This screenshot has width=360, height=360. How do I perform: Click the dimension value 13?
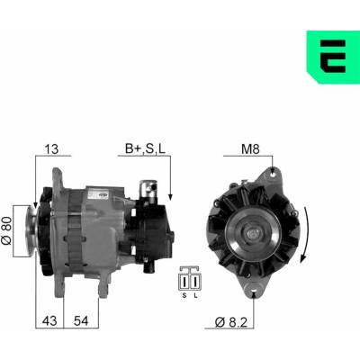click(x=51, y=148)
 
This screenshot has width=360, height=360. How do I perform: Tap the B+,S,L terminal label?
click(x=145, y=148)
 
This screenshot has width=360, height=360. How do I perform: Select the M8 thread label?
click(x=250, y=148)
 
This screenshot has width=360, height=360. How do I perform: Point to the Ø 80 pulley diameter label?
click(x=7, y=231)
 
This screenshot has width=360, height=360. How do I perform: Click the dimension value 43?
click(x=49, y=320)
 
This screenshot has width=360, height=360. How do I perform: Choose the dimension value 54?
click(x=81, y=320)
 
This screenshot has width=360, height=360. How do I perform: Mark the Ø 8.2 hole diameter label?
click(x=231, y=322)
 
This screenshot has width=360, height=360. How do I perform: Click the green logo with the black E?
click(x=333, y=57)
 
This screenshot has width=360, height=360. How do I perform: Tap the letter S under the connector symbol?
click(x=184, y=295)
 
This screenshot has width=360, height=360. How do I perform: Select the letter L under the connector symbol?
click(x=195, y=295)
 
